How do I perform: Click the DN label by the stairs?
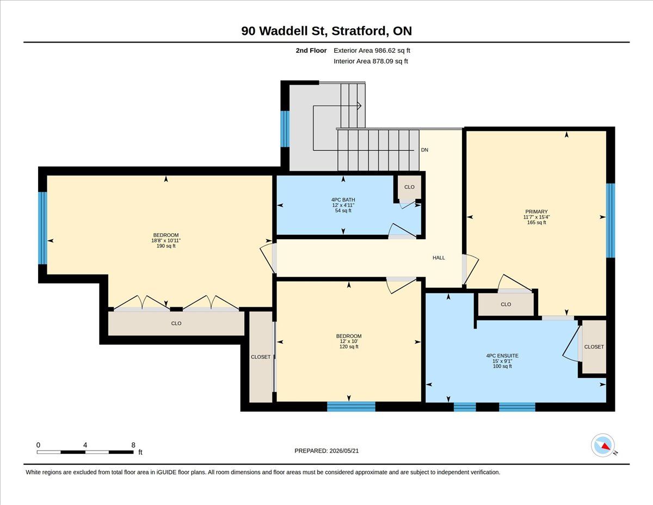424,150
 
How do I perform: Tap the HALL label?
439,258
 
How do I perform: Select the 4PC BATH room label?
343,200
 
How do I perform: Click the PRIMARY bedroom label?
537,211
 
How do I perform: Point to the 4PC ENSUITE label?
502,356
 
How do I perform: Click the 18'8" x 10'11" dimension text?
166,240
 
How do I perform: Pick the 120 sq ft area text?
349,346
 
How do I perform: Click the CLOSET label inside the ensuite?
594,347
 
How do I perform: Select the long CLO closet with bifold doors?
176,324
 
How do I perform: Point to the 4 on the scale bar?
85,445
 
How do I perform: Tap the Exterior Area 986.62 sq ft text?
372,51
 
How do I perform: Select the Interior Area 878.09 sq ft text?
371,62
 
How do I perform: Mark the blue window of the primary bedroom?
611,221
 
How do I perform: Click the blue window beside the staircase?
285,129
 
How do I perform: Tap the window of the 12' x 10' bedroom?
351,406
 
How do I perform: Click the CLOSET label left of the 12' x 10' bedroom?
261,357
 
